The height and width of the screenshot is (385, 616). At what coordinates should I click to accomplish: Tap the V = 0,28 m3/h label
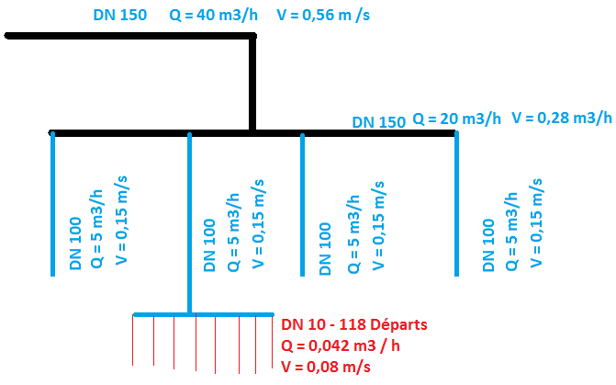[x=561, y=118]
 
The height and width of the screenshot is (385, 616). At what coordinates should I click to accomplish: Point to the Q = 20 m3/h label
[x=456, y=119]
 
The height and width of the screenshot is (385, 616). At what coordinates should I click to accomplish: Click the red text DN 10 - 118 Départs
[x=353, y=324]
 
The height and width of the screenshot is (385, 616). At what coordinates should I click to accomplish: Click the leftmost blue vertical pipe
[x=53, y=202]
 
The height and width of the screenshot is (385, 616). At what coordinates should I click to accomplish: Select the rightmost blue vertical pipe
[x=456, y=202]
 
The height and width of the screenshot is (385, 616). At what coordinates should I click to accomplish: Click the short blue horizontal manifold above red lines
[x=204, y=314]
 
